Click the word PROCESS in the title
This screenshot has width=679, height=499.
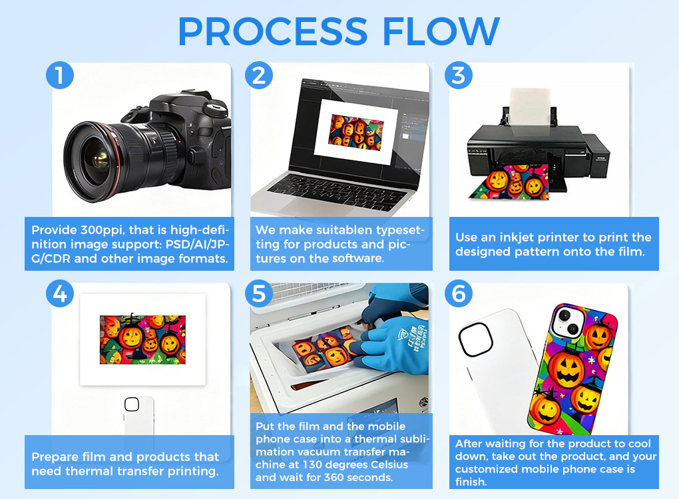click(x=273, y=31)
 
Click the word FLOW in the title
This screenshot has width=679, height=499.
click(x=441, y=31)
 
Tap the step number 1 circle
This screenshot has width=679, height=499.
click(x=60, y=75)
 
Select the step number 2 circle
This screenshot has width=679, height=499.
click(x=259, y=75)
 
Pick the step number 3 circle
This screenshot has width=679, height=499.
click(x=459, y=75)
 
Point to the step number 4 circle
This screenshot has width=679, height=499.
click(x=60, y=293)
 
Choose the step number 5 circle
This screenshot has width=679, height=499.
click(x=259, y=293)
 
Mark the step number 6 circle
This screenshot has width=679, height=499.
click(x=459, y=293)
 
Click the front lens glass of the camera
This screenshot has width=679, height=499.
click(x=96, y=161)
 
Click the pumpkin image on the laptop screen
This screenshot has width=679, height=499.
click(x=356, y=132)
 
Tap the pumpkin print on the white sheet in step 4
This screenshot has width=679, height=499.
click(x=142, y=339)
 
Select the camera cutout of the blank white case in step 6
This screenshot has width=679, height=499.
click(x=475, y=339)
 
